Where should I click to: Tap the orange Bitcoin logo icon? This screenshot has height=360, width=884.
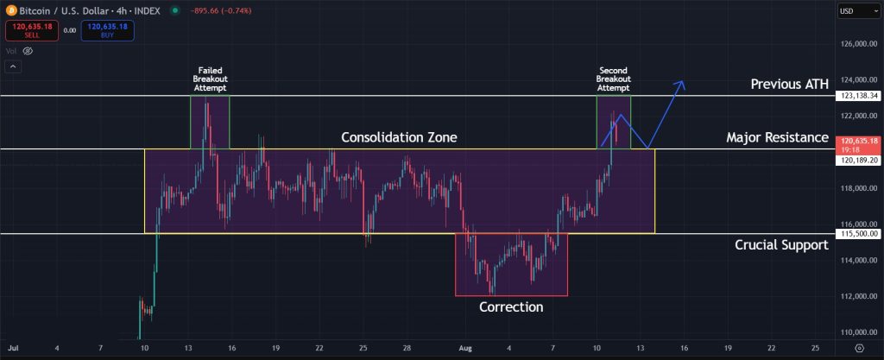[10, 10]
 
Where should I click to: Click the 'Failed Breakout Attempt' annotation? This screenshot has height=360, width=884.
[211, 79]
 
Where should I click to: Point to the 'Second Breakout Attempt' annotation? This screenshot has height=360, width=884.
[614, 79]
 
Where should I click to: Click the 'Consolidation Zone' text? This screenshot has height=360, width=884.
[399, 137]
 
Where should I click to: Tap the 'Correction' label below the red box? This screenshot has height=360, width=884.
[511, 306]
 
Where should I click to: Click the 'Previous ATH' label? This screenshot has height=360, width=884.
[789, 84]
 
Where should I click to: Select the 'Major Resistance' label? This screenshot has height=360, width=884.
[777, 137]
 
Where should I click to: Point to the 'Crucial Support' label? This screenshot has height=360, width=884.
[781, 245]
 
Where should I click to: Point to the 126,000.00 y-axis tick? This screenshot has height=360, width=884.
[859, 44]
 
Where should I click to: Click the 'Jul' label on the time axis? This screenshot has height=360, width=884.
[12, 348]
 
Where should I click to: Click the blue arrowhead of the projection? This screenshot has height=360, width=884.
[683, 83]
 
